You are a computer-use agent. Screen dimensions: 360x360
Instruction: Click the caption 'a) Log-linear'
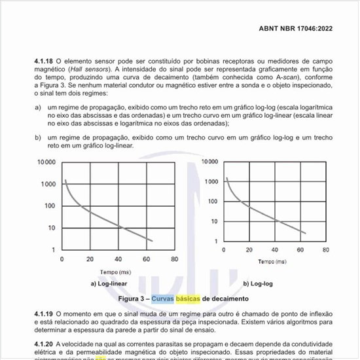pyautogui.click(x=104, y=283)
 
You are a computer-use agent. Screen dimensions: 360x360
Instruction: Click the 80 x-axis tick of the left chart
pyautogui.click(x=174, y=259)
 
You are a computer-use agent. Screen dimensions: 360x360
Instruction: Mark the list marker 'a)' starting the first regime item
pyautogui.click(x=38, y=105)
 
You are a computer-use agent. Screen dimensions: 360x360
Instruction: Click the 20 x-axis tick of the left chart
pyautogui.click(x=90, y=259)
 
